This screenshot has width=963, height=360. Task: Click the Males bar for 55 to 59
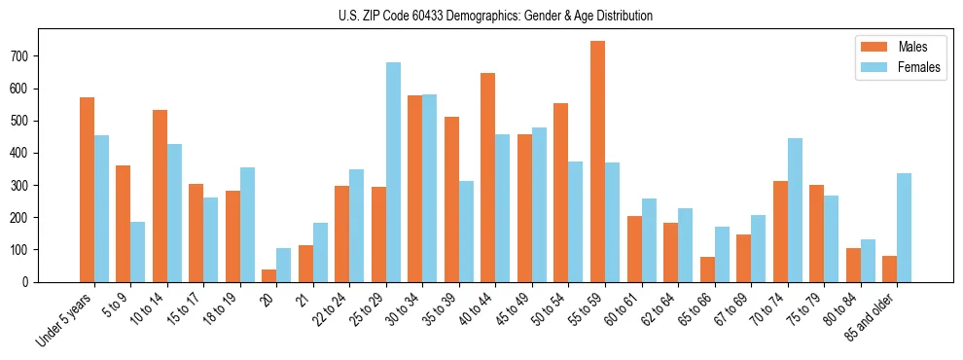tap(597, 162)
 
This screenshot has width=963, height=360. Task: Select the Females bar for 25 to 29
tap(393, 172)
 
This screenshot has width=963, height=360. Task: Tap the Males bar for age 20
tap(269, 275)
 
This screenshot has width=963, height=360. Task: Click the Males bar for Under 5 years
tap(87, 190)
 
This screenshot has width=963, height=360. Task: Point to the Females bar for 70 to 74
tap(795, 210)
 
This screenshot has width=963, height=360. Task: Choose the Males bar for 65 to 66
tap(707, 270)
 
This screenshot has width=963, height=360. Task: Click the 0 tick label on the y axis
tap(31, 282)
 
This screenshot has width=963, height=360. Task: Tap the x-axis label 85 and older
tap(870, 317)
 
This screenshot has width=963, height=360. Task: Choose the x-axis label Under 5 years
tap(64, 318)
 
